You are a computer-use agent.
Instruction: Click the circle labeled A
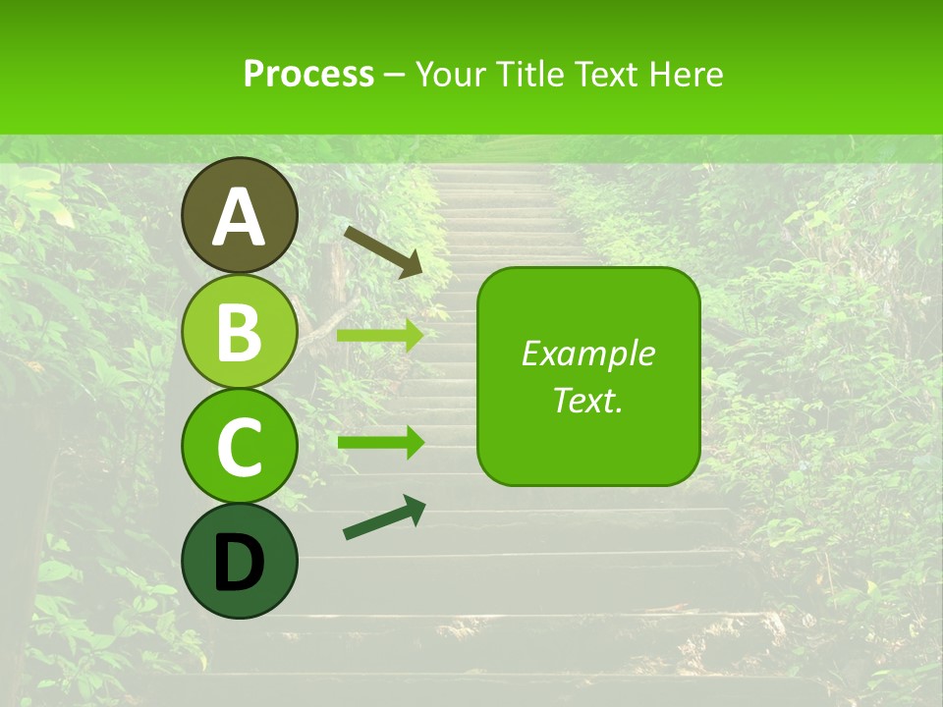pyautogui.click(x=239, y=215)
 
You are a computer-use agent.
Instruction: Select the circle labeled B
pyautogui.click(x=239, y=331)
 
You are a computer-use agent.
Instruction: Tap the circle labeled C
pyautogui.click(x=239, y=446)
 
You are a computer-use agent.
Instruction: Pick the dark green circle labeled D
pyautogui.click(x=239, y=561)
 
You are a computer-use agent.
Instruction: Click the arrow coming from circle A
pyautogui.click(x=382, y=250)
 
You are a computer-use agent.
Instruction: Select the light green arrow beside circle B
pyautogui.click(x=379, y=336)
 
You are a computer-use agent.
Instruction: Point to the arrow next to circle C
pyautogui.click(x=380, y=442)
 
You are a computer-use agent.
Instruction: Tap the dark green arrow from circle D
pyautogui.click(x=384, y=518)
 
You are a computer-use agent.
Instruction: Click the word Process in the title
pyautogui.click(x=308, y=74)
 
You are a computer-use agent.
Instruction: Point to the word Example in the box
pyautogui.click(x=587, y=353)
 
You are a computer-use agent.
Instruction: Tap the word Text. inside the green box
pyautogui.click(x=587, y=400)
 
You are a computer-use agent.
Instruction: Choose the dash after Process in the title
pyautogui.click(x=395, y=76)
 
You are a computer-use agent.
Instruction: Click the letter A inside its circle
pyautogui.click(x=239, y=217)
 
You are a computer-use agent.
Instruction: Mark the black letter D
pyautogui.click(x=239, y=563)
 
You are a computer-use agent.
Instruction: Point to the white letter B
pyautogui.click(x=239, y=332)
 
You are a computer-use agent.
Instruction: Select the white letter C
pyautogui.click(x=239, y=447)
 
